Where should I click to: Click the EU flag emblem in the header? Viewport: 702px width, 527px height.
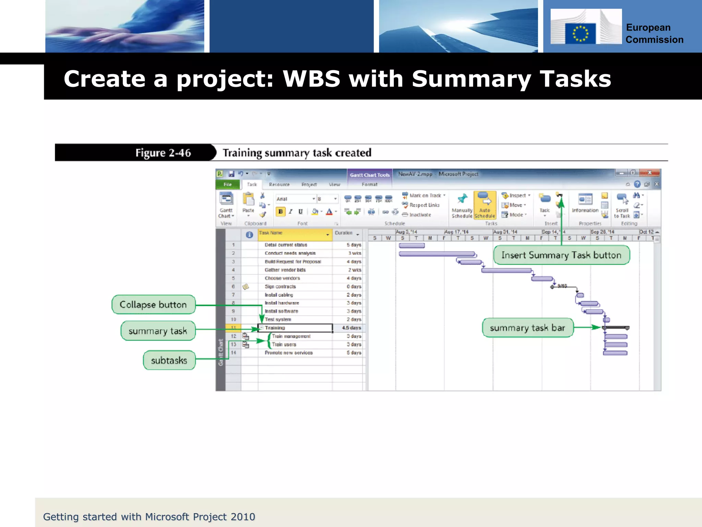pos(580,34)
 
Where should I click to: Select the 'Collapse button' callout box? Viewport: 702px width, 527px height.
pos(153,305)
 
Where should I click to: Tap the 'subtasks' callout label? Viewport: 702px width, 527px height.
pos(169,360)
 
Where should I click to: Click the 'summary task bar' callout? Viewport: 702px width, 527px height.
pos(527,328)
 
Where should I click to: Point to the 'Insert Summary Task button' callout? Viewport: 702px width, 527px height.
pos(561,255)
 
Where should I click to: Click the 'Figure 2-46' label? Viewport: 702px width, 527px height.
pos(163,153)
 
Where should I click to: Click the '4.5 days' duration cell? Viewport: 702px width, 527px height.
pos(351,328)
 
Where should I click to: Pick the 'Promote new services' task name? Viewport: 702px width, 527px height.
pos(288,353)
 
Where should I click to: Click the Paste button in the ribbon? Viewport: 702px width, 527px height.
pos(248,204)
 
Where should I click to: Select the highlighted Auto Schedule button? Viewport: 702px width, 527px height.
pos(484,205)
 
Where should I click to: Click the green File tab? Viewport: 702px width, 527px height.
pos(228,185)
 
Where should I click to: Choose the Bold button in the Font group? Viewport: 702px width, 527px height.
pos(280,212)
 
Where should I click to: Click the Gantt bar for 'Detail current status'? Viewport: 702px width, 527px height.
pos(412,246)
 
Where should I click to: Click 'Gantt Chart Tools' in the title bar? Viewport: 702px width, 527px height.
pos(370,175)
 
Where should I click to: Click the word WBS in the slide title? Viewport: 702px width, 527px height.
pos(311,79)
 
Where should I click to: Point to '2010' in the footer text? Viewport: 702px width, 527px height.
pos(243,517)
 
